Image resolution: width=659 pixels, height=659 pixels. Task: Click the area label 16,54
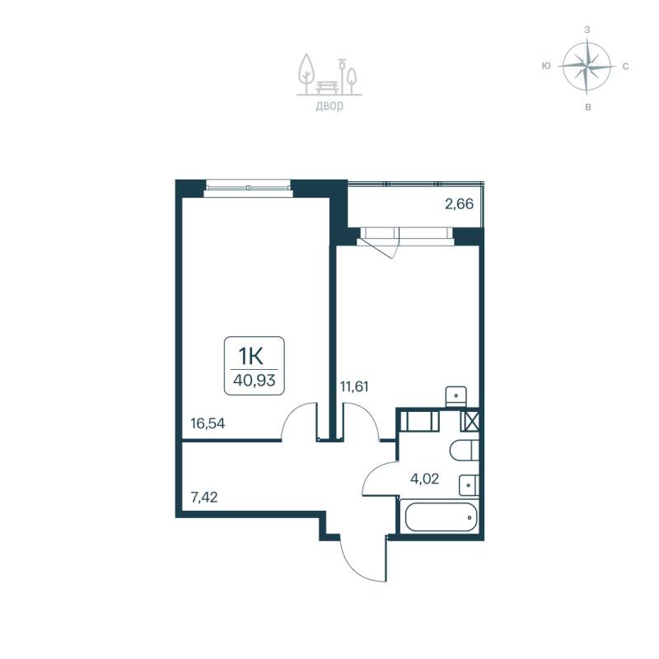click(208, 424)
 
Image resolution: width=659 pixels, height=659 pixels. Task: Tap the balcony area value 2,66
click(459, 204)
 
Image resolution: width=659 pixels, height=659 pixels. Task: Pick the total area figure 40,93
click(255, 381)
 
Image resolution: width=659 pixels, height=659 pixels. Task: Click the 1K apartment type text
click(251, 356)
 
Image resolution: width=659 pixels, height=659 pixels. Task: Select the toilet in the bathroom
click(462, 451)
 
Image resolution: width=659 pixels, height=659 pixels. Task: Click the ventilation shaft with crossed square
click(470, 421)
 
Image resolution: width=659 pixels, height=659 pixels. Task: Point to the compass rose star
click(587, 65)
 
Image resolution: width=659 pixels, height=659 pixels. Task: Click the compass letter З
click(587, 29)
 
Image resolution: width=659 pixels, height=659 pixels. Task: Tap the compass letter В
click(587, 106)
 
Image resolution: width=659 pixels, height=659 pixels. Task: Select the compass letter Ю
click(546, 65)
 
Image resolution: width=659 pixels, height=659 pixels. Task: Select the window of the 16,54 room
click(248, 186)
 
